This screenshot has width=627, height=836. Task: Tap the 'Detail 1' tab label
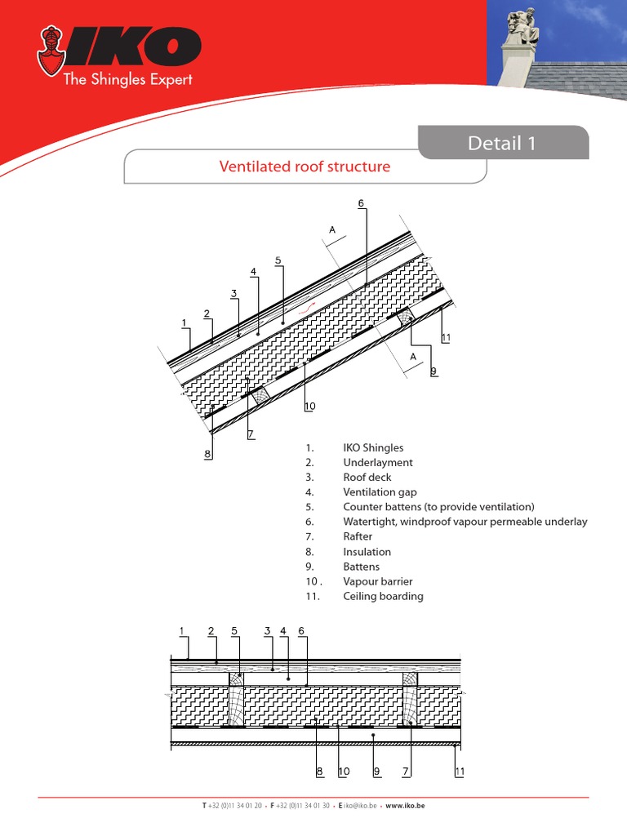[x=502, y=144]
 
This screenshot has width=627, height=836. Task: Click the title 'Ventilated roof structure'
[x=305, y=167]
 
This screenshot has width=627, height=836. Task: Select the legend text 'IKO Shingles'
[x=373, y=447]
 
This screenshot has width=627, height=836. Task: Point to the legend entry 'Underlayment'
[x=378, y=462]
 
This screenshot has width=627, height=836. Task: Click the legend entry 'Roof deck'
[x=367, y=477]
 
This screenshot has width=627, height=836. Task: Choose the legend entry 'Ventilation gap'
[x=380, y=492]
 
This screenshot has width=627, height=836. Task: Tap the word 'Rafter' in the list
[x=358, y=536]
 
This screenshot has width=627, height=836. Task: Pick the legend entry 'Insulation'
[x=367, y=552]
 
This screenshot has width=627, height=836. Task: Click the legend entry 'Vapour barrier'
[x=377, y=581]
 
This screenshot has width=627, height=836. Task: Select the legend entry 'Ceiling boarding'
[x=383, y=596]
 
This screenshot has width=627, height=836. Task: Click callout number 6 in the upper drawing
[x=360, y=202]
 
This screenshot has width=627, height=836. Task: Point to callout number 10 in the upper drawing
[x=309, y=406]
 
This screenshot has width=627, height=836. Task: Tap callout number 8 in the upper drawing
[x=207, y=454]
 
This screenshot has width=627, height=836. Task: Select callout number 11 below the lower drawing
[x=460, y=771]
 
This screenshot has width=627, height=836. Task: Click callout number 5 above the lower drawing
[x=234, y=630]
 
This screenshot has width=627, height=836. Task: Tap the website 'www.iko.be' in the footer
[x=405, y=805]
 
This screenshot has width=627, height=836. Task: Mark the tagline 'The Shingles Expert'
[x=128, y=79]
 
